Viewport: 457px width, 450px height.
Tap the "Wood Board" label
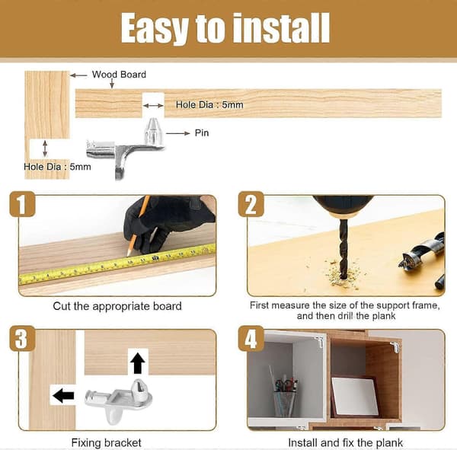tap(119, 75)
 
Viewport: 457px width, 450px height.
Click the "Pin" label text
tap(202, 133)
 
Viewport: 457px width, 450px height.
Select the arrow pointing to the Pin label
tap(177, 133)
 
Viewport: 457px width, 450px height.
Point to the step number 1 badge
tap(22, 204)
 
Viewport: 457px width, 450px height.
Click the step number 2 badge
tap(251, 204)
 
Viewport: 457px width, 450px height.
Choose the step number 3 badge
tap(22, 339)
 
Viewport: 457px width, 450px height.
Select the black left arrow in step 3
tap(63, 396)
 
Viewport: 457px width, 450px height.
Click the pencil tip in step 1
tap(128, 255)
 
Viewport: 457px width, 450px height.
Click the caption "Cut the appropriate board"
tap(117, 306)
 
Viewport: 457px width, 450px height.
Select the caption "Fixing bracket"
tap(107, 442)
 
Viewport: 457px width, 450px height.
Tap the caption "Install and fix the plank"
tap(346, 442)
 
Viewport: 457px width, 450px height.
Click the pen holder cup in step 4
tap(284, 404)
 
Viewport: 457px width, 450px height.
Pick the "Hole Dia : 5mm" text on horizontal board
tap(209, 104)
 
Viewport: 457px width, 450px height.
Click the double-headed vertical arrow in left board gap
tap(45, 148)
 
